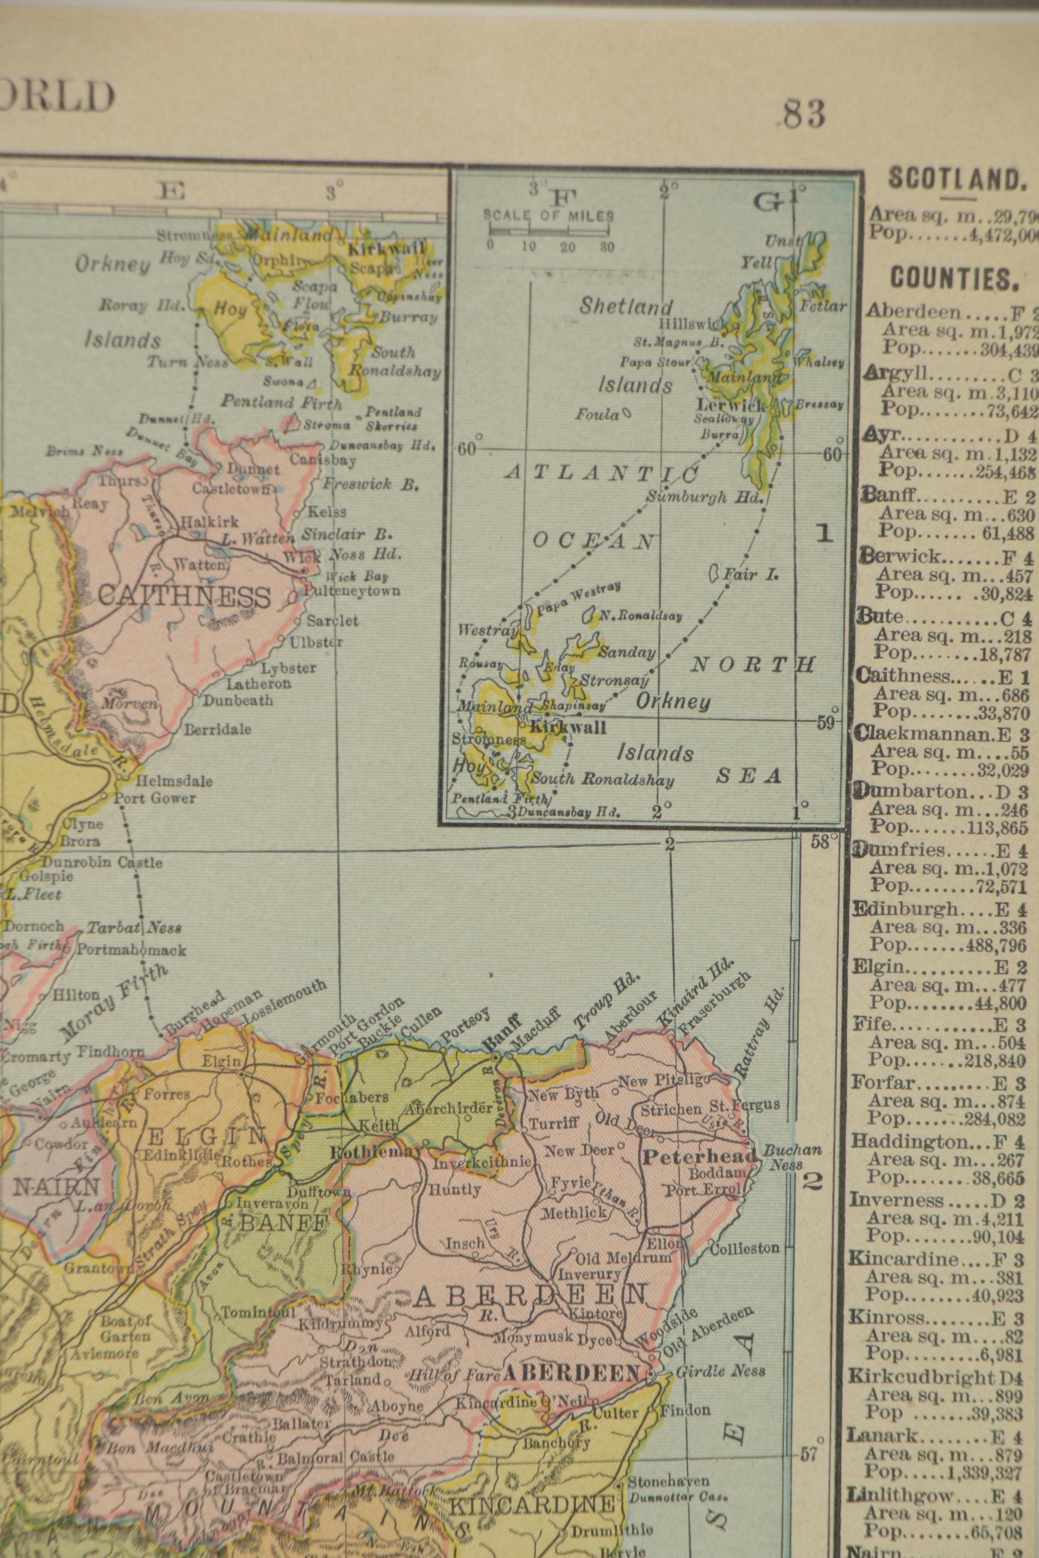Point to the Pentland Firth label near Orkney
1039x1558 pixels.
tap(282, 401)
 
